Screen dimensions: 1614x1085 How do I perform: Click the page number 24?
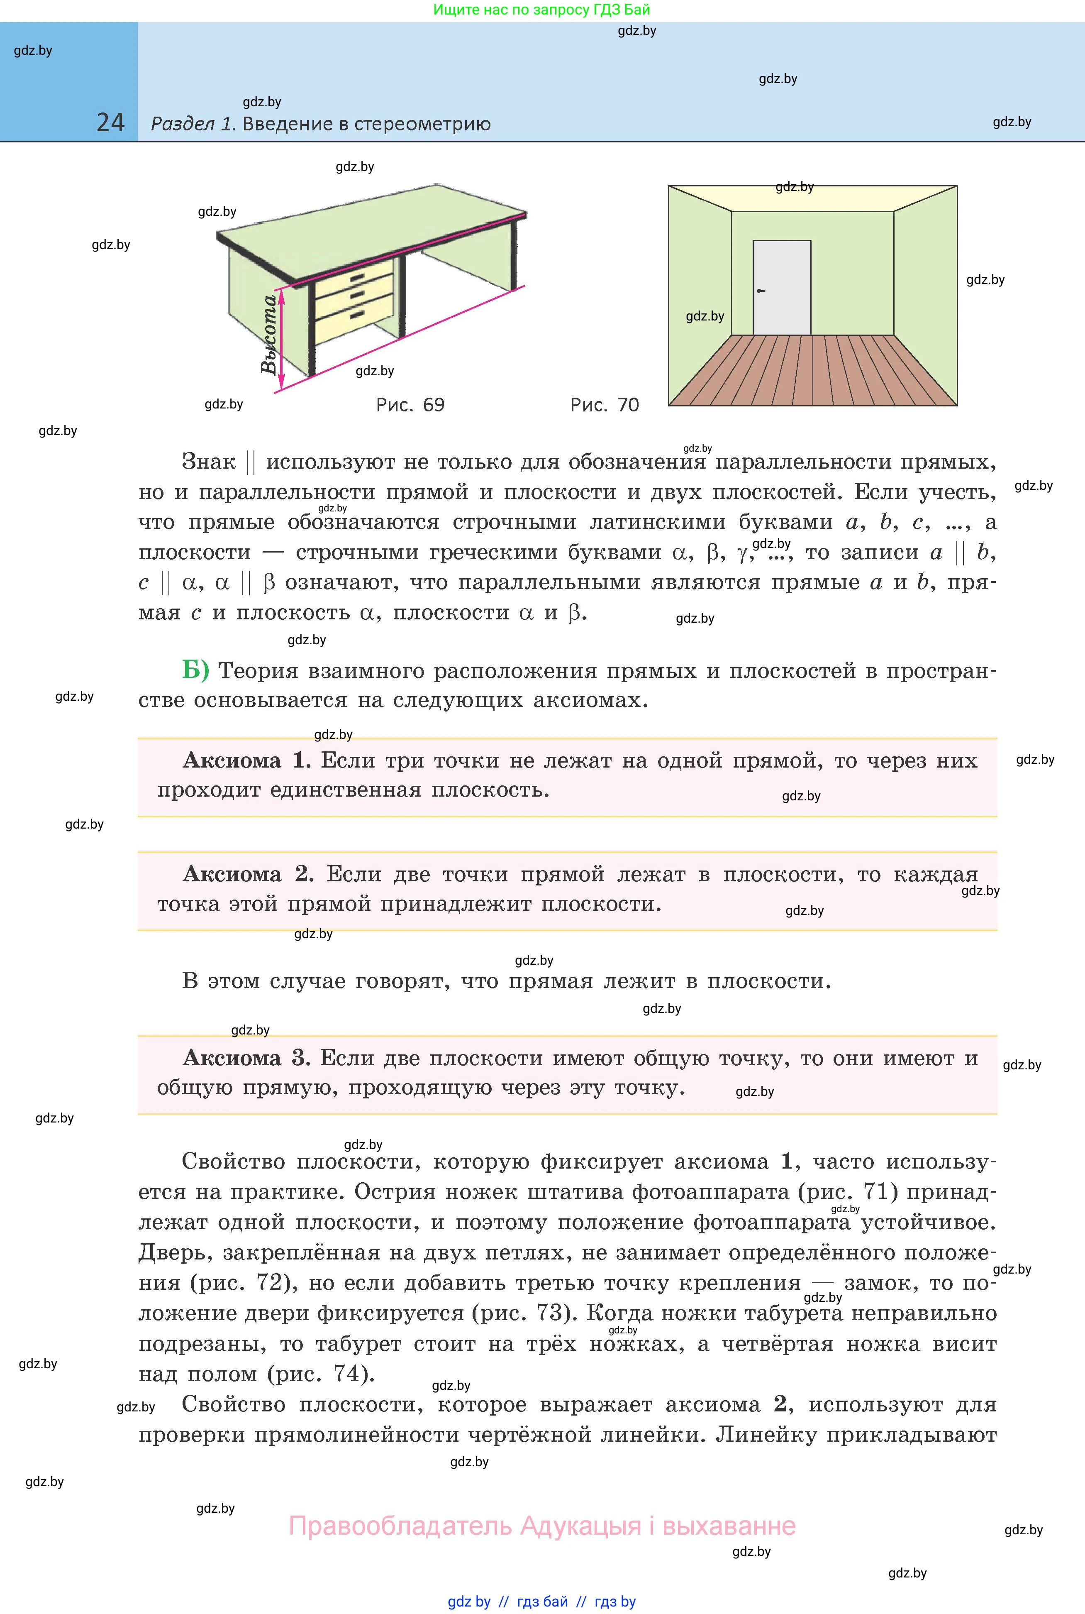tap(111, 122)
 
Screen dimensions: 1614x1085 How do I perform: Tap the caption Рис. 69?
tap(410, 405)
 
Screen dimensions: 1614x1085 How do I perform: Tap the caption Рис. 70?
tap(604, 405)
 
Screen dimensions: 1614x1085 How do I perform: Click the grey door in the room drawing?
tap(782, 287)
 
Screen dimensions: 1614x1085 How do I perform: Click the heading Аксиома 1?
tap(246, 761)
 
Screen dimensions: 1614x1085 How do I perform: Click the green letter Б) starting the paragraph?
tap(195, 670)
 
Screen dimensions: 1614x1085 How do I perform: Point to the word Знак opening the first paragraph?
tap(208, 462)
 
